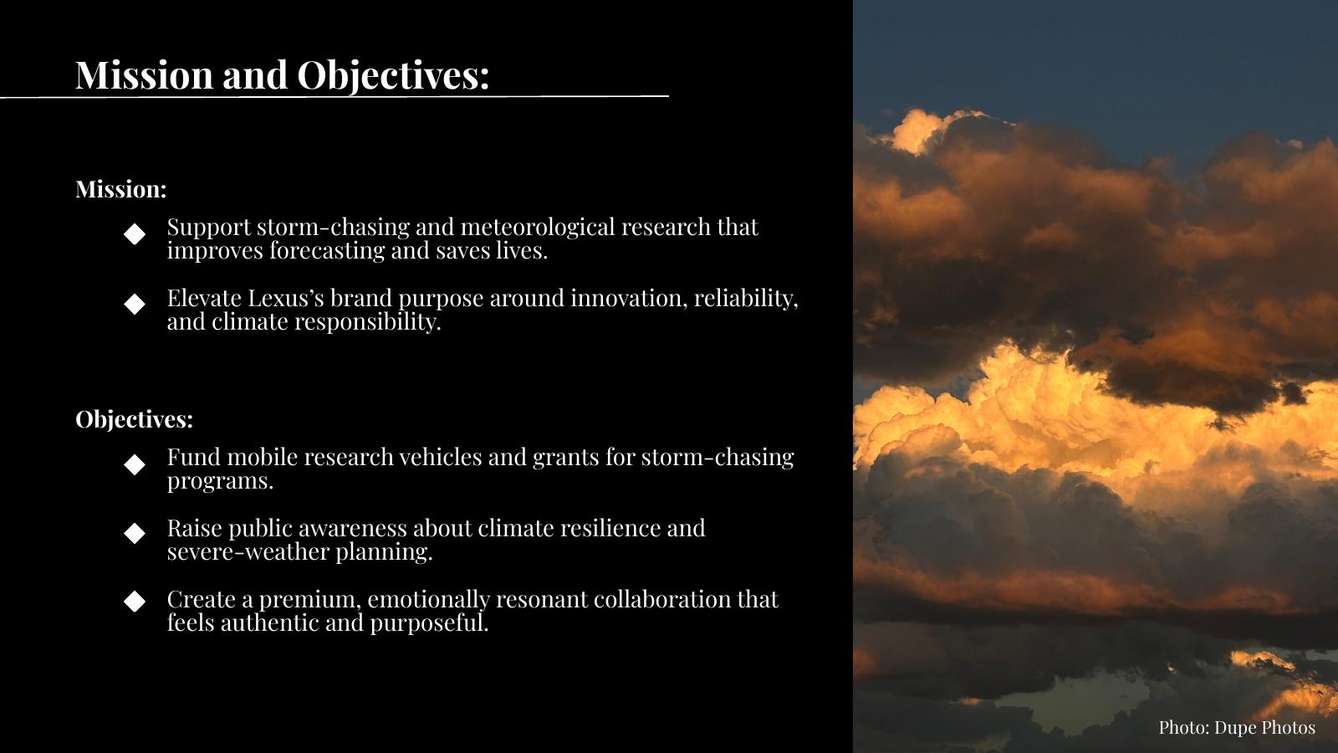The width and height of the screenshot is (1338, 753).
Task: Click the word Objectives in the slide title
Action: click(393, 76)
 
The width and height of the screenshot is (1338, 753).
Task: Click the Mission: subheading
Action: click(120, 189)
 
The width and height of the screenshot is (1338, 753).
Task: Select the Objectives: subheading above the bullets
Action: click(135, 419)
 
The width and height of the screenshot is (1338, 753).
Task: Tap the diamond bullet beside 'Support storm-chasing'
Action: click(135, 233)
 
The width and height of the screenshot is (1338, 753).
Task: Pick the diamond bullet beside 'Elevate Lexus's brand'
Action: click(135, 304)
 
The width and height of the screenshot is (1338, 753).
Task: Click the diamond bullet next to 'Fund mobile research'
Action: click(135, 464)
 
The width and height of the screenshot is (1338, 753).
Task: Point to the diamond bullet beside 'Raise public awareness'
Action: click(135, 533)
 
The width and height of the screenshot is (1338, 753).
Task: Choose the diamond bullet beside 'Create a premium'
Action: click(135, 602)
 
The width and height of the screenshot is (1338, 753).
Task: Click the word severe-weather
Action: click(248, 552)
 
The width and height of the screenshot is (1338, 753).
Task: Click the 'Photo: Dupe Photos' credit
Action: click(1237, 727)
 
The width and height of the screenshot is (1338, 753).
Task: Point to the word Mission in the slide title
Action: click(144, 75)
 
